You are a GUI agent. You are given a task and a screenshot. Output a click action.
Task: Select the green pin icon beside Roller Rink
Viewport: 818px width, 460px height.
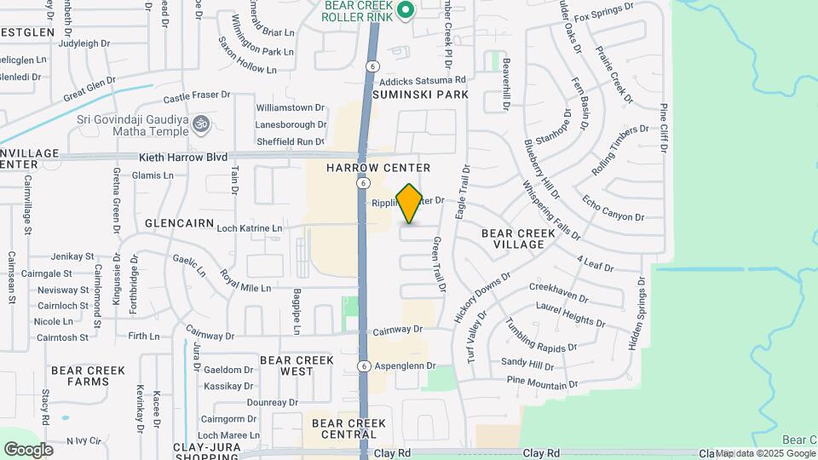coord(406,10)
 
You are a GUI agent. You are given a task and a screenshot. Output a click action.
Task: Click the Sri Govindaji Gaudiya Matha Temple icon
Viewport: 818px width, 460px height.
coord(201,124)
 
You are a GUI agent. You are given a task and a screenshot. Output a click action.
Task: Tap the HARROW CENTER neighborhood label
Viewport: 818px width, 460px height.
coord(378,168)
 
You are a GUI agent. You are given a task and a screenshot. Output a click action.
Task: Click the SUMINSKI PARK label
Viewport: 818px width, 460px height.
coord(421,95)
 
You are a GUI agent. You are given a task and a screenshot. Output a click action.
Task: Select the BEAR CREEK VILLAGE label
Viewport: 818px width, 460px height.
coord(513,239)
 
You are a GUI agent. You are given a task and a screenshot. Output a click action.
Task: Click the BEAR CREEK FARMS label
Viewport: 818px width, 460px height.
coord(88,376)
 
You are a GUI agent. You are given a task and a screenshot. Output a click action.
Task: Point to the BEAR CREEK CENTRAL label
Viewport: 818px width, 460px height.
coord(349,428)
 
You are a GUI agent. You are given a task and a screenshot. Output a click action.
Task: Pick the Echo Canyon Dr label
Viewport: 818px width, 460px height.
coord(608,212)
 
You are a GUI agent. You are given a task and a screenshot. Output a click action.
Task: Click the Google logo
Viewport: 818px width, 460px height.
coord(28,449)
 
